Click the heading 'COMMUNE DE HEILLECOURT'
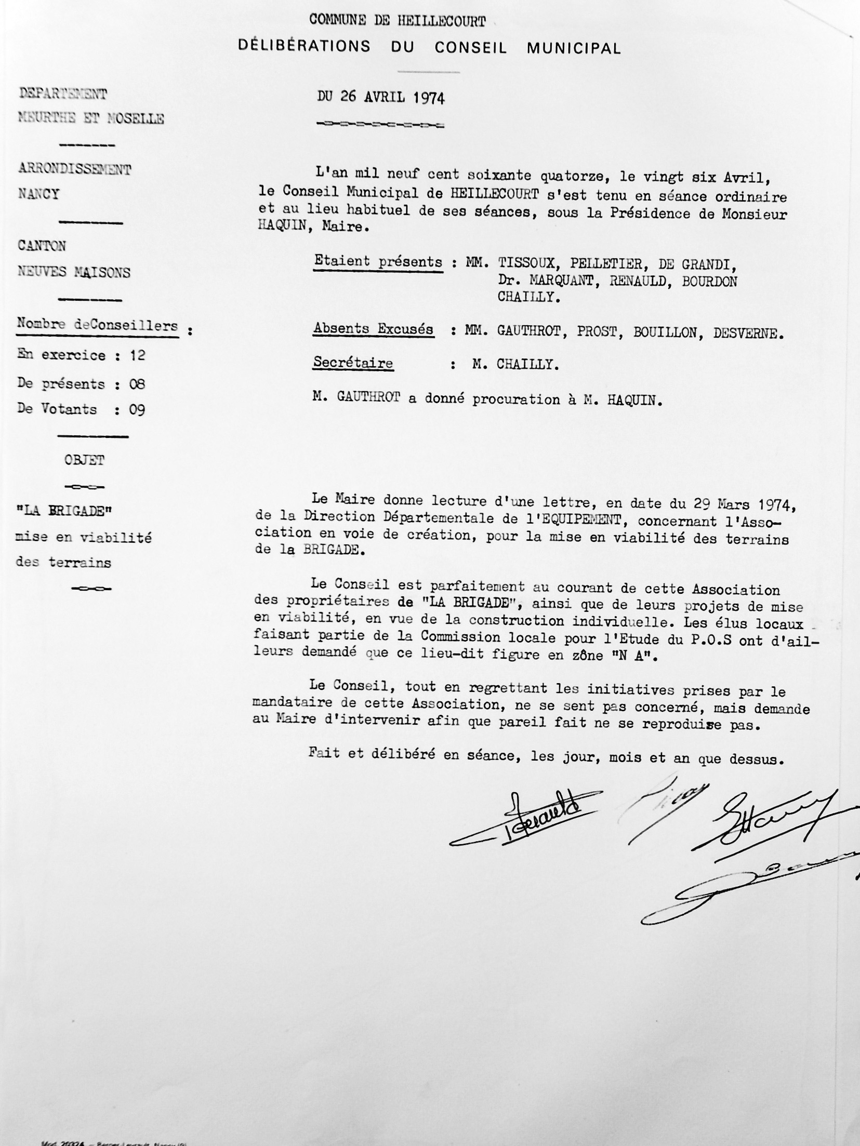coord(398,21)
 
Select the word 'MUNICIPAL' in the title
coord(574,48)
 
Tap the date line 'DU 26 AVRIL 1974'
coord(381,97)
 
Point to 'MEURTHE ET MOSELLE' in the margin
coord(91,119)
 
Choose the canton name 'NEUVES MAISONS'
coord(74,272)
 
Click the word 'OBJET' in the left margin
coord(84,460)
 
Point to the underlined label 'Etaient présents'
coord(378,262)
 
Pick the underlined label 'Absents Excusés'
coord(373,329)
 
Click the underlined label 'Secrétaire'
coord(353,363)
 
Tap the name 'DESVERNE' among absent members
coord(746,333)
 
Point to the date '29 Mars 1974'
coord(740,504)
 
